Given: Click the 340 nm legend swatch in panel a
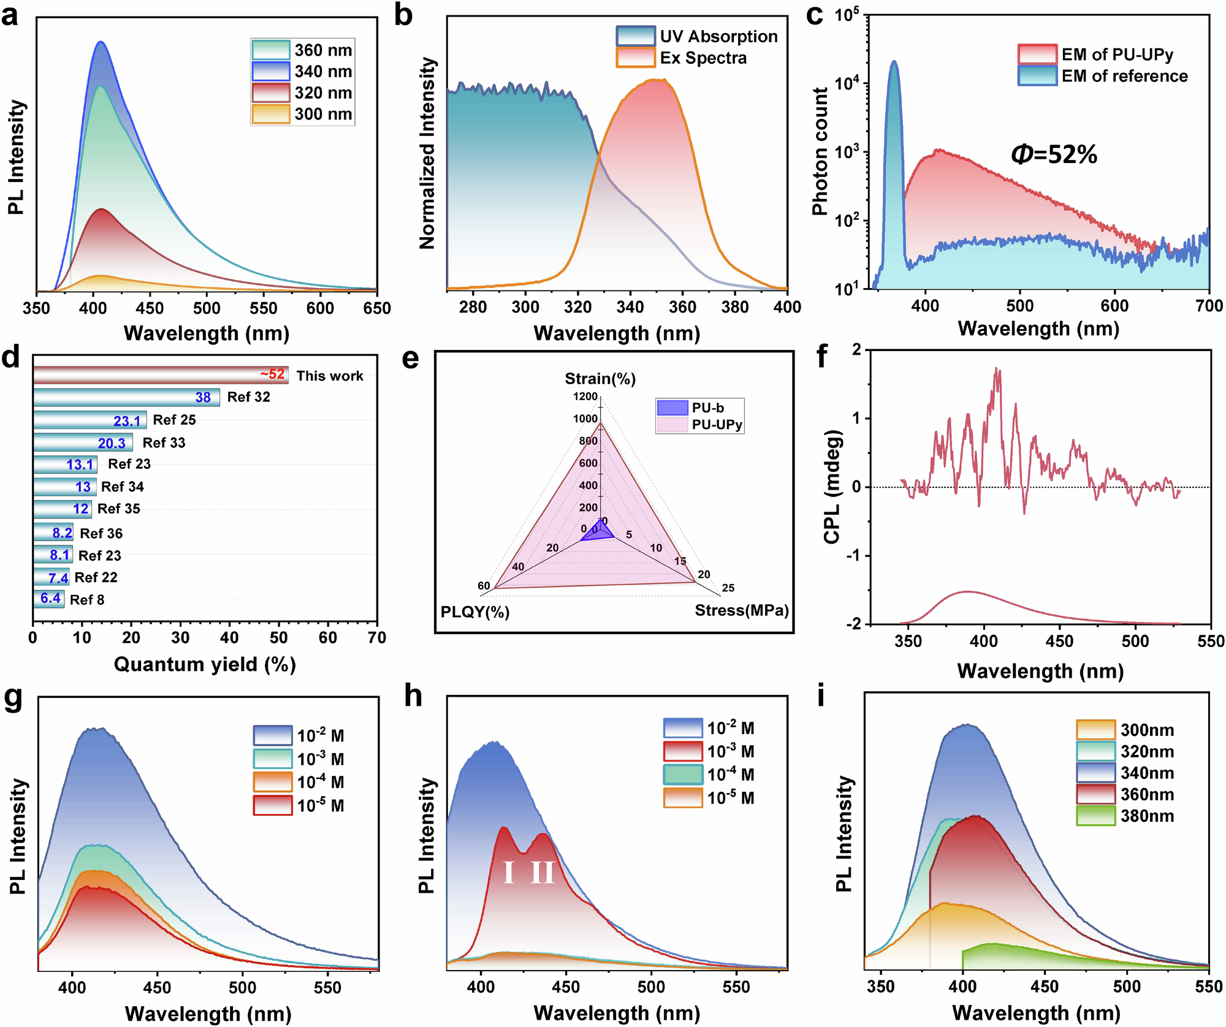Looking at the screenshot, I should click(x=270, y=72).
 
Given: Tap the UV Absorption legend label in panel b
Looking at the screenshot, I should click(x=718, y=37).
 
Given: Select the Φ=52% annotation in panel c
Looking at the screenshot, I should click(x=1054, y=154).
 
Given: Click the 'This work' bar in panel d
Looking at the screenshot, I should click(x=161, y=375).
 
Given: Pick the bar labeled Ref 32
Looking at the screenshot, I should click(x=126, y=397).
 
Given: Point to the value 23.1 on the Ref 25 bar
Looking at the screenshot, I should click(x=127, y=421).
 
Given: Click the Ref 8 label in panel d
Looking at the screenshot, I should click(x=87, y=600).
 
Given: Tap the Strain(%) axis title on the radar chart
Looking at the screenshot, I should click(x=600, y=379).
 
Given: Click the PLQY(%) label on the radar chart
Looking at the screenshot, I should click(x=475, y=612).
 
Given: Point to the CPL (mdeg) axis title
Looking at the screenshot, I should click(x=832, y=487).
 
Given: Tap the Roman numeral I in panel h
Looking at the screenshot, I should click(x=508, y=873).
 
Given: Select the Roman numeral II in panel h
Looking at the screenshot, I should click(x=543, y=873).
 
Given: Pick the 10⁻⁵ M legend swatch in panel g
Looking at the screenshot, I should click(x=273, y=805).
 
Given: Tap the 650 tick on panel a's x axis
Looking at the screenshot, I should click(x=376, y=308).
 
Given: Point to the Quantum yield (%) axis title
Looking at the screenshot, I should click(x=205, y=664).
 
